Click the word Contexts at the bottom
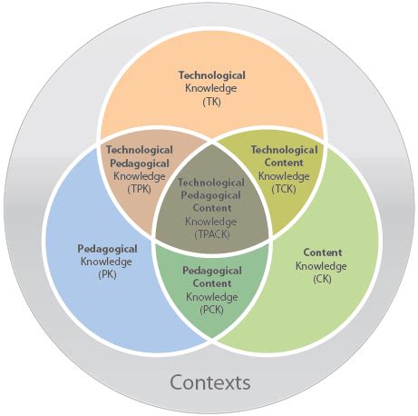[x=209, y=381]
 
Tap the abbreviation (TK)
[x=211, y=102]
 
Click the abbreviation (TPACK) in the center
[x=211, y=233]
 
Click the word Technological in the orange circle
[x=211, y=75]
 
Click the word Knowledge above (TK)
[x=211, y=89]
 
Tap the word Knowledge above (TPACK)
[x=211, y=221]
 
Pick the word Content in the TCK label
[x=284, y=163]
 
